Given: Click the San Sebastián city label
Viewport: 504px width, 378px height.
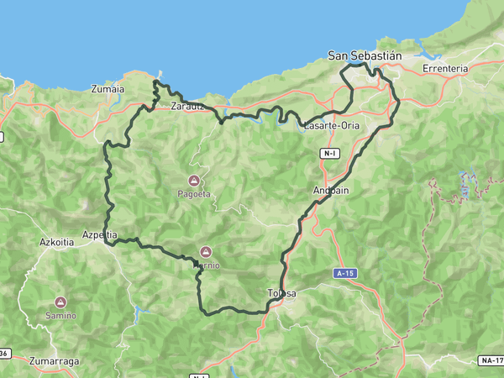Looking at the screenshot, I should click(x=365, y=56).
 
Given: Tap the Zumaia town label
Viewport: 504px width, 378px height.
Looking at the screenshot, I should click(x=108, y=88).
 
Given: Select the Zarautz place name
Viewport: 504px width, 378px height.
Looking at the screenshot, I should click(x=186, y=107).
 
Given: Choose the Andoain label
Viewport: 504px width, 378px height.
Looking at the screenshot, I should click(x=330, y=190).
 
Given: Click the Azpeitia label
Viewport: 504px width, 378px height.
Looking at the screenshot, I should click(x=100, y=235).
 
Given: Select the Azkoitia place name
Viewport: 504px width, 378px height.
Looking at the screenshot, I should click(x=57, y=242).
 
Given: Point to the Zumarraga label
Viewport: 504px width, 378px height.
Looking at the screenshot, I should click(x=54, y=361).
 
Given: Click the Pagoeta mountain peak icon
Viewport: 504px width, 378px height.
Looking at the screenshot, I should click(x=194, y=181).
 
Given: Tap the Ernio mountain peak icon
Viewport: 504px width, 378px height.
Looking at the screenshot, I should click(x=206, y=251).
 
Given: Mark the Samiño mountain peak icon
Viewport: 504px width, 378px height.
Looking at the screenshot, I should click(x=60, y=302).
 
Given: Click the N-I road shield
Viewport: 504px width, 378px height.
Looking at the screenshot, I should click(x=329, y=154).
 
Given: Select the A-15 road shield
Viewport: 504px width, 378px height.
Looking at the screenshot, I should click(x=343, y=274).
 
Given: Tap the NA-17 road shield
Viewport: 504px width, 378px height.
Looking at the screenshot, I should click(x=491, y=360).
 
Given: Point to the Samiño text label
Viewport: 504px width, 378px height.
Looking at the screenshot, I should click(x=60, y=316).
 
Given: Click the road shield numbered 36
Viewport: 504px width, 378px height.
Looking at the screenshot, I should click(x=4, y=353).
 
